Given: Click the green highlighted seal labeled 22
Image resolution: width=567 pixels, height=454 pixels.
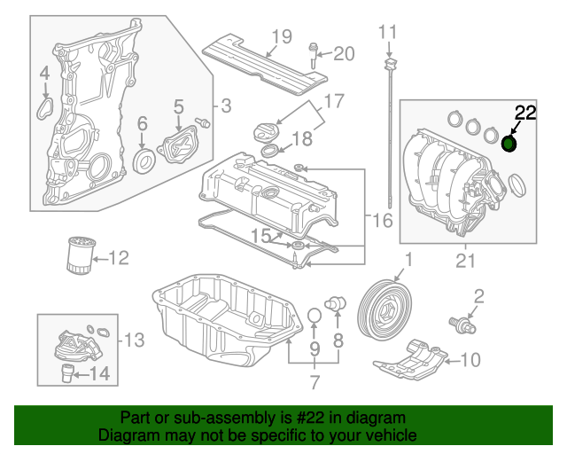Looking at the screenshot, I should click(x=510, y=144).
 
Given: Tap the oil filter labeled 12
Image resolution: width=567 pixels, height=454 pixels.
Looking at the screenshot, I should click(x=79, y=256).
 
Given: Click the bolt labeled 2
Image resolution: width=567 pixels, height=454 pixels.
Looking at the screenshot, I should click(x=462, y=325).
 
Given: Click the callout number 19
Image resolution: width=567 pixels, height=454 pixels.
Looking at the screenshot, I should click(x=282, y=36).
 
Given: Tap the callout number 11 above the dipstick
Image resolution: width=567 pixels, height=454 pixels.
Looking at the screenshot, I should click(x=389, y=33).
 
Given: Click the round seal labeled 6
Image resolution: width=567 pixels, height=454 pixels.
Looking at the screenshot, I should click(x=143, y=160).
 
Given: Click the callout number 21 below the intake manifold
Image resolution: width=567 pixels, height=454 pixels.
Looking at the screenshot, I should click(x=465, y=260).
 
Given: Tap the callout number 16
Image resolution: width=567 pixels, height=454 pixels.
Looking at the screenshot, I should click(x=381, y=220).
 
